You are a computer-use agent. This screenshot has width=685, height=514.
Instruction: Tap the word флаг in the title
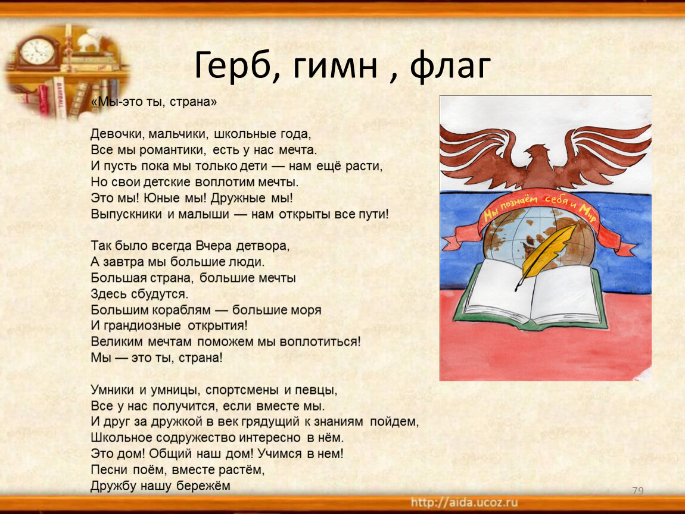tap(450, 66)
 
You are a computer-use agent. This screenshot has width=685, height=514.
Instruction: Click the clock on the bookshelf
tap(37, 52)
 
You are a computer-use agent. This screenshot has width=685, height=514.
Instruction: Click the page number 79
tap(638, 490)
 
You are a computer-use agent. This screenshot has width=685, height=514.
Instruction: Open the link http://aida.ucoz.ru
tap(464, 503)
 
